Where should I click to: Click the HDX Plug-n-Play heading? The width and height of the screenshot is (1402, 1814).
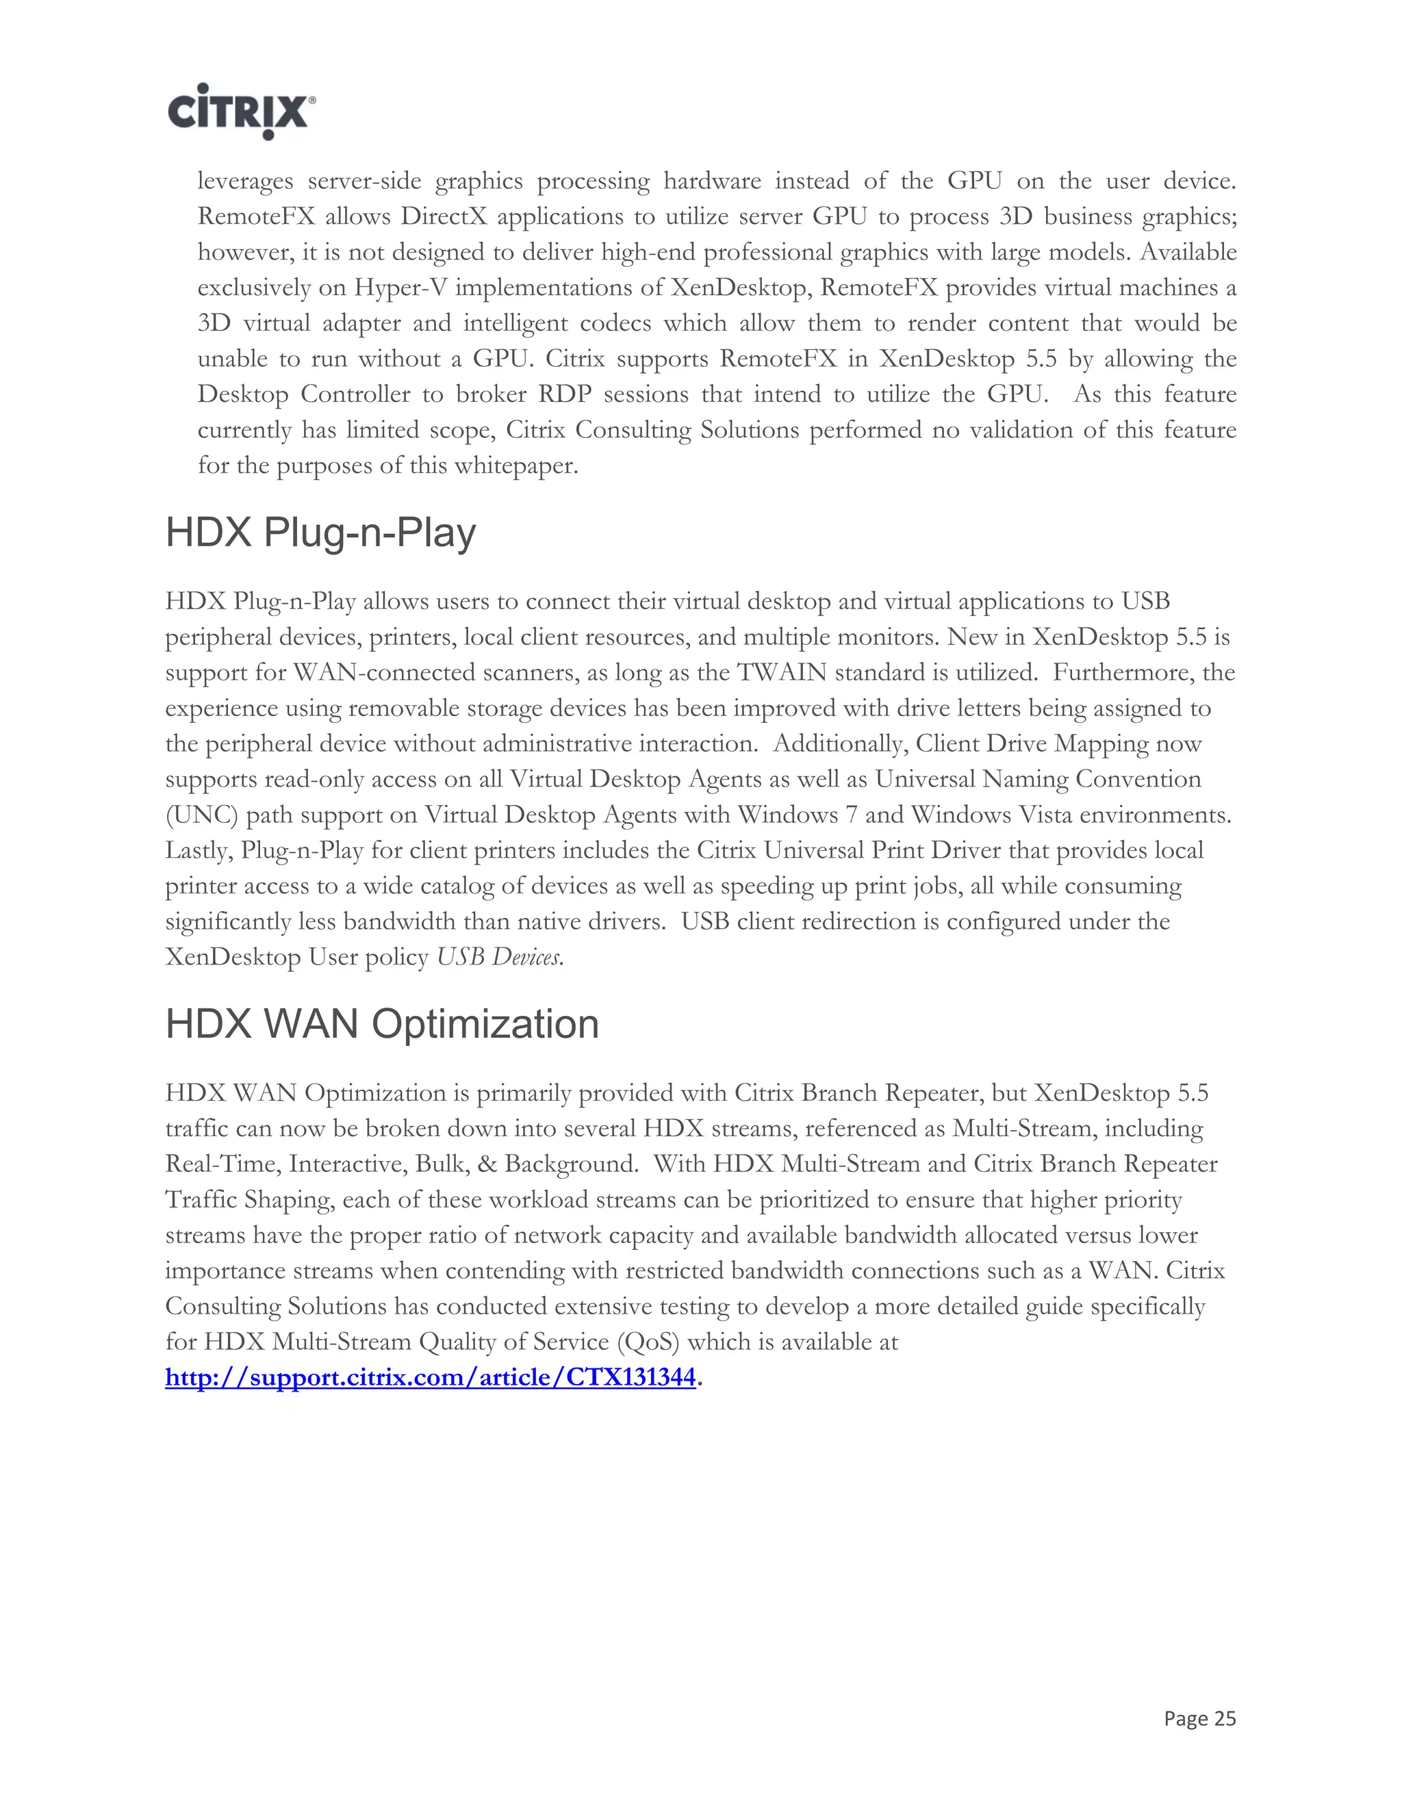tap(320, 533)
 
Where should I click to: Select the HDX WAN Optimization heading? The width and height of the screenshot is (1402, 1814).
tap(382, 1023)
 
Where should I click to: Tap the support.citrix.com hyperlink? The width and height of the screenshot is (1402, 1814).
tap(429, 1378)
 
